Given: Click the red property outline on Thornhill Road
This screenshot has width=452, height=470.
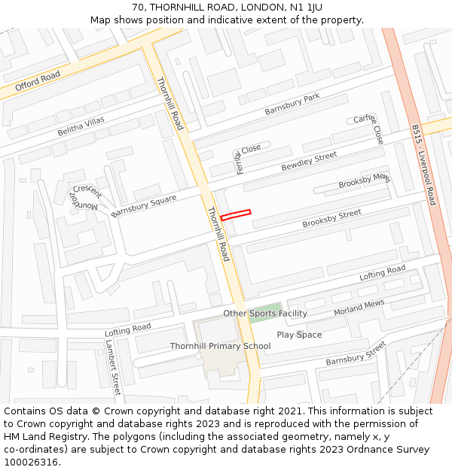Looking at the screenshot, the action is coord(235,214).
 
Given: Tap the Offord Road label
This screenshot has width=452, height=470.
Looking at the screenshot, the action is coord(38,80).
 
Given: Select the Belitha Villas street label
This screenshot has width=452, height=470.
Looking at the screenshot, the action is coord(81,126).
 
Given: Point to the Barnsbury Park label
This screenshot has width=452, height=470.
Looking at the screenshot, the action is coord(292,105).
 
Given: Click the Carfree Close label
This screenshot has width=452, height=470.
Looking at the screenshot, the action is coord(369,129).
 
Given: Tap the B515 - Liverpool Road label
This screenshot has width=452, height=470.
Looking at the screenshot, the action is coord(423,165).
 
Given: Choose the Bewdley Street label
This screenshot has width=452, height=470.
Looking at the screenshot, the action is coord(309,161).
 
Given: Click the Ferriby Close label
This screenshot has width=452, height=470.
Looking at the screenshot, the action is coord(246,158).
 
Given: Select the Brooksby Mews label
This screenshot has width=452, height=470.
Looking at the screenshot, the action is coord(364,181).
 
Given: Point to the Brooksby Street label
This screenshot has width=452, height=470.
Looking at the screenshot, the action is coord(331,219).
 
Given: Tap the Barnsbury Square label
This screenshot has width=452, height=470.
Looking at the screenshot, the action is coord(143,205).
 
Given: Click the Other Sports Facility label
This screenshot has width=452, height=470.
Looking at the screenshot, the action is coord(265,313).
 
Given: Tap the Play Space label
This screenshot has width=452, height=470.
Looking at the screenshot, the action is coord(299,335).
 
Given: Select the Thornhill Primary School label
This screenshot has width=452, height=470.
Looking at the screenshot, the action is coord(220,346).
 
